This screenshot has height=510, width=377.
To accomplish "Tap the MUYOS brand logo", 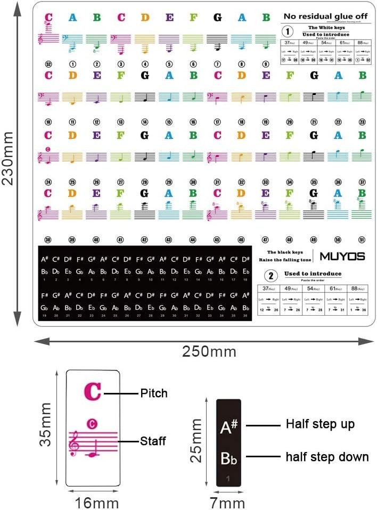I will pyautogui.click(x=342, y=256).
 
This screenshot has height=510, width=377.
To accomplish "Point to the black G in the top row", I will pyautogui.click(x=217, y=18).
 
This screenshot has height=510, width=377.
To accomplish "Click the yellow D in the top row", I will pyautogui.click(x=145, y=18).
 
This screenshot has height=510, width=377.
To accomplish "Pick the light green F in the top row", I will pyautogui.click(x=193, y=18).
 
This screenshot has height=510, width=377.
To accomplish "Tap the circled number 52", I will pyautogui.click(x=48, y=64).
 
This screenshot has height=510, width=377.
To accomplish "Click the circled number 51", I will pyautogui.click(x=363, y=240).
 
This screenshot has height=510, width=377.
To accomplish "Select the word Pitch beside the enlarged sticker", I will pyautogui.click(x=154, y=393).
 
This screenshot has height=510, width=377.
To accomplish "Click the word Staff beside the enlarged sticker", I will pyautogui.click(x=153, y=441).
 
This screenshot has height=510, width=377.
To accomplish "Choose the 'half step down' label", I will pyautogui.click(x=327, y=457).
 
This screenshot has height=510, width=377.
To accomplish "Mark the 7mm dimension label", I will pyautogui.click(x=228, y=502).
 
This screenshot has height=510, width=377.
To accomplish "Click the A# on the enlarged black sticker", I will pyautogui.click(x=228, y=426).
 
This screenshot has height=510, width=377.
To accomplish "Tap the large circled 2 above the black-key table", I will pyautogui.click(x=271, y=275).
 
